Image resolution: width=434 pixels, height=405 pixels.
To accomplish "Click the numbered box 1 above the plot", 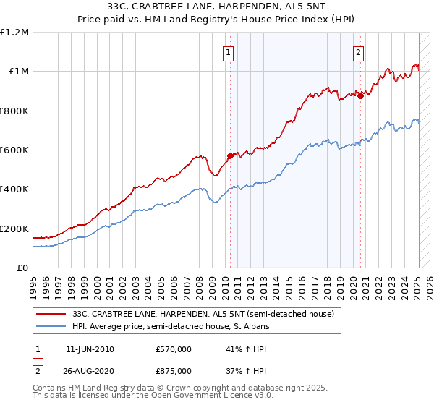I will click(229, 51).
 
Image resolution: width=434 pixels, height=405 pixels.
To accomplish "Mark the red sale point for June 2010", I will click(231, 155).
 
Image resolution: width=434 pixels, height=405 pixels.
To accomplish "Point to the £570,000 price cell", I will click(173, 349).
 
